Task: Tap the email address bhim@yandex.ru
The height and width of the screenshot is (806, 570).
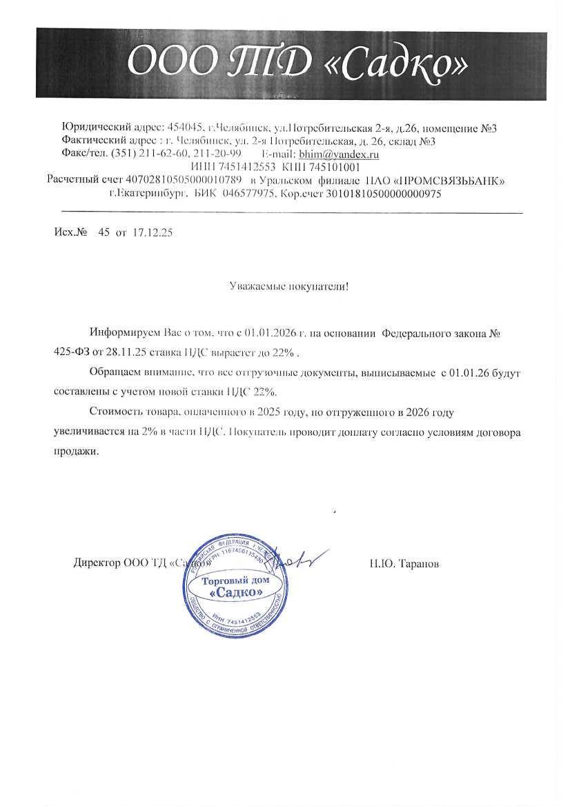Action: point(339,154)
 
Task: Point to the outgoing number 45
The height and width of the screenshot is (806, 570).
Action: point(104,233)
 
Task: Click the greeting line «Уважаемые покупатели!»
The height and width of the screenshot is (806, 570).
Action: point(289,285)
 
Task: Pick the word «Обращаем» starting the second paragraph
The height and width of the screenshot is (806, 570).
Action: point(112,373)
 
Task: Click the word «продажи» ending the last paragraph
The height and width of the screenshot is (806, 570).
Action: point(76,452)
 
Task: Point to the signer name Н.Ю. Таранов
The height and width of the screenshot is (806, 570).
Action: point(404,564)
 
